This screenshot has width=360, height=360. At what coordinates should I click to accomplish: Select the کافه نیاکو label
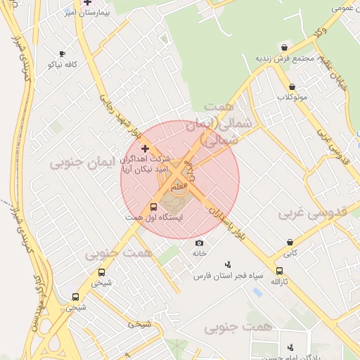[x=62, y=64]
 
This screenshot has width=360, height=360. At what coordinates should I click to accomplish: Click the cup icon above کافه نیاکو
[x=62, y=53]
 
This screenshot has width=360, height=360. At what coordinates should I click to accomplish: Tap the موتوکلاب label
[x=292, y=96]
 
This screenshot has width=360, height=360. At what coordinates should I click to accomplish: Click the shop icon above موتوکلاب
[x=292, y=86]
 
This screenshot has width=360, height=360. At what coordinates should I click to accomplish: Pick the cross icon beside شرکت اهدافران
[x=146, y=148]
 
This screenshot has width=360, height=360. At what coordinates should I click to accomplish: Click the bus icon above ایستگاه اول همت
[x=154, y=207]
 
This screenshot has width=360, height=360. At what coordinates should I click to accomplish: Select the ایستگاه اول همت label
[x=154, y=218]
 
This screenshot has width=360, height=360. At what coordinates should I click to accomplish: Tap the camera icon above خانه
[x=199, y=243]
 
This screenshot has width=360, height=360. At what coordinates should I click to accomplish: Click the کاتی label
[x=290, y=252]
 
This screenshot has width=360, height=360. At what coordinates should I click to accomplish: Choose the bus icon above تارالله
[x=280, y=271]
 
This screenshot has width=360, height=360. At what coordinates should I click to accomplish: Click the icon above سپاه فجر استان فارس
[x=228, y=264]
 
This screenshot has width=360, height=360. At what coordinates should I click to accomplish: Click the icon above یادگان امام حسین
[x=290, y=347]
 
